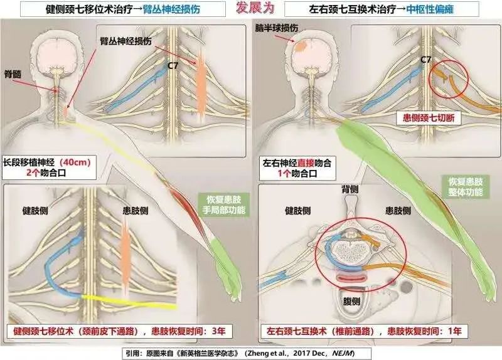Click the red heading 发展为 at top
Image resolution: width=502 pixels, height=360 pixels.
click(x=255, y=8)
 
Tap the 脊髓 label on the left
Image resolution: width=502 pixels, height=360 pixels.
click(x=13, y=74)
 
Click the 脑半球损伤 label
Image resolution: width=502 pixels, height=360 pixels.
click(x=277, y=28)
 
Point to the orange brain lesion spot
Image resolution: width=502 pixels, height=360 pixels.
click(x=301, y=47)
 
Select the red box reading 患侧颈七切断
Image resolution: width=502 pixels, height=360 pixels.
click(x=429, y=118)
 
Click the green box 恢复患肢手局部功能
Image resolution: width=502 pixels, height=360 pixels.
click(x=223, y=205)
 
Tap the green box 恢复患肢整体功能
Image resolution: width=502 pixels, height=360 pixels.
click(x=465, y=186)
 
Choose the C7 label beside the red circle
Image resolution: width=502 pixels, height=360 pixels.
click(x=426, y=60)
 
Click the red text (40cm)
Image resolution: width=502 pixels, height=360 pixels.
click(x=75, y=162)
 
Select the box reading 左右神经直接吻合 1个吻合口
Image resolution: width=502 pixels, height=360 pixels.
click(x=297, y=168)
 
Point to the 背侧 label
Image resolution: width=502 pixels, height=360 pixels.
click(x=350, y=189)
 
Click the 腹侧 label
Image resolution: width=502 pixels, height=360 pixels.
click(x=351, y=301)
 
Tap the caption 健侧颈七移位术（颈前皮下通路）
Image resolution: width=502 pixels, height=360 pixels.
click(x=75, y=331)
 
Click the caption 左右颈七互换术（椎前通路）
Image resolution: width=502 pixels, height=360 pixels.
click(x=323, y=331)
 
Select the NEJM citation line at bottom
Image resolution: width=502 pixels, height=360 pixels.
click(x=247, y=353)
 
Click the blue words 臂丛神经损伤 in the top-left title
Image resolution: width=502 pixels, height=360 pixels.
click(x=171, y=9)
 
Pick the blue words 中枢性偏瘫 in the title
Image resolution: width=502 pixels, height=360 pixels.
click(x=430, y=9)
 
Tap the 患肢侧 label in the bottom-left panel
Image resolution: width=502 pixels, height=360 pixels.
click(x=136, y=211)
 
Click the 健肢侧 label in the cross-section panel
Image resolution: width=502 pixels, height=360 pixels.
click(x=297, y=211)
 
